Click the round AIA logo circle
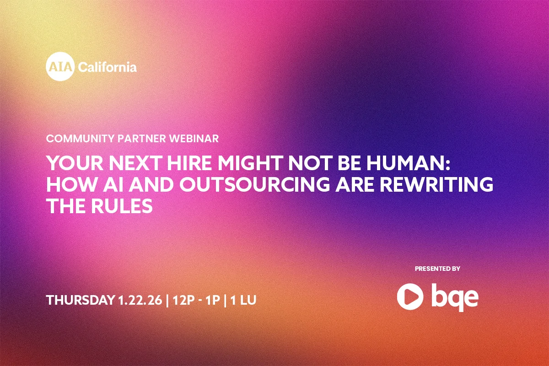[60, 66]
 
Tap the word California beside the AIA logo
[108, 67]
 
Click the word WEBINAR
[194, 139]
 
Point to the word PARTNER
[142, 139]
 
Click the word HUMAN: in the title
[408, 163]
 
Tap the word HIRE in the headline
[189, 163]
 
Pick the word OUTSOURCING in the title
[255, 184]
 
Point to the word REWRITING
[436, 184]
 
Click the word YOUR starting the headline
[75, 163]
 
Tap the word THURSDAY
[80, 300]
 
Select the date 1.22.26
[140, 300]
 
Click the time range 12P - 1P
[196, 300]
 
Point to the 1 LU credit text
[243, 300]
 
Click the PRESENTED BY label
[437, 269]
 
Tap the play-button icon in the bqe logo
[410, 296]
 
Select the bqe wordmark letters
[455, 297]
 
